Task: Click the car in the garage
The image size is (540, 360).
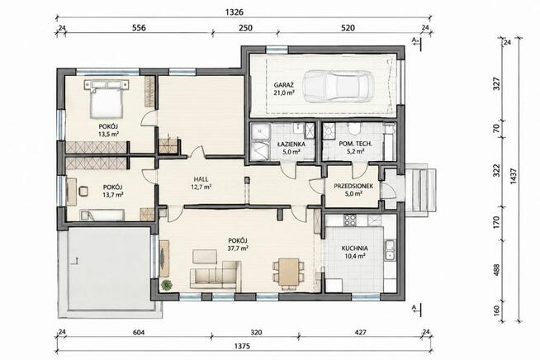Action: (338, 87)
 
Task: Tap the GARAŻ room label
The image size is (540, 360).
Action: (282, 84)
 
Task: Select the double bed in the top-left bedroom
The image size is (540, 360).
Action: (107, 99)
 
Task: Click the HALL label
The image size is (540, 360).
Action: (201, 179)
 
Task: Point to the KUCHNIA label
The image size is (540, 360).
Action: (354, 248)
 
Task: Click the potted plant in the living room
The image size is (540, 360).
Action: (167, 285)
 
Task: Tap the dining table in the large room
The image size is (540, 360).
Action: (289, 272)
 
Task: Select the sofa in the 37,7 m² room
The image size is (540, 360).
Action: (216, 275)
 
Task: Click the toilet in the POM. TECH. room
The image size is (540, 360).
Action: (354, 129)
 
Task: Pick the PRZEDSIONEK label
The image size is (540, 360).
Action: (353, 186)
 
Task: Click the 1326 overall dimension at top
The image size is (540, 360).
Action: (234, 12)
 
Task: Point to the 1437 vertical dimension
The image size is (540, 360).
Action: (514, 176)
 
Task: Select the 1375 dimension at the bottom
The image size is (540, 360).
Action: (242, 346)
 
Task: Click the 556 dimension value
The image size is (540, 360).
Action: (139, 27)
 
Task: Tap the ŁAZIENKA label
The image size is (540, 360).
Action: (291, 144)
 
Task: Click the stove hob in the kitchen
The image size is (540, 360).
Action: (350, 220)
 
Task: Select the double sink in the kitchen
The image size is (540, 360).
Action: (391, 249)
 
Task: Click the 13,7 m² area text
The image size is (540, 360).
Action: (113, 195)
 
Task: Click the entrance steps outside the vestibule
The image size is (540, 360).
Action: (421, 189)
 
